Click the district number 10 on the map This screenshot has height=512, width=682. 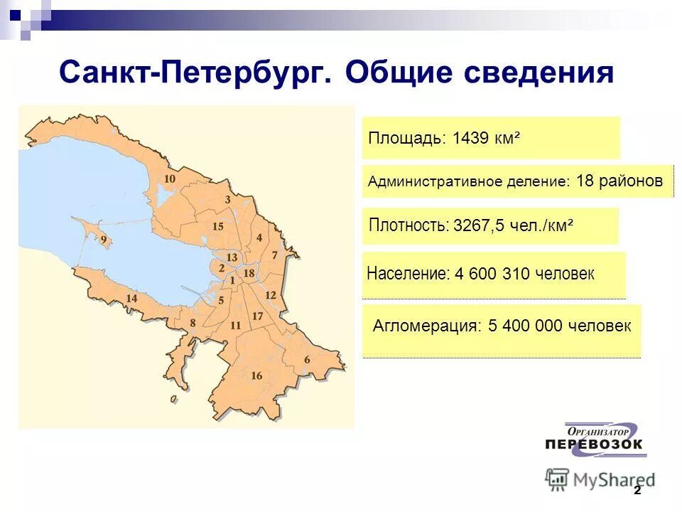point(169,178)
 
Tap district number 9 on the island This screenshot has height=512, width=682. point(104,240)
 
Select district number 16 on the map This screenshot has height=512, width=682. point(256,375)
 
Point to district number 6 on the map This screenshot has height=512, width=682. point(307,360)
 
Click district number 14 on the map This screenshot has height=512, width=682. point(131,298)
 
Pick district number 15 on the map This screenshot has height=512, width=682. point(218,226)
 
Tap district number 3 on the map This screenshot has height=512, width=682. point(227,200)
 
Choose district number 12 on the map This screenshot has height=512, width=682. point(270,295)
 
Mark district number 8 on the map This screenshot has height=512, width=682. point(192,323)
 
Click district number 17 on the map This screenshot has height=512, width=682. point(257,316)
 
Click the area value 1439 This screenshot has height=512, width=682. point(470,137)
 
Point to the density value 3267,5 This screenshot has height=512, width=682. point(479,226)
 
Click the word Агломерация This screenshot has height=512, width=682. point(424,326)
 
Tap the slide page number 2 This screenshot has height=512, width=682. point(637,491)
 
